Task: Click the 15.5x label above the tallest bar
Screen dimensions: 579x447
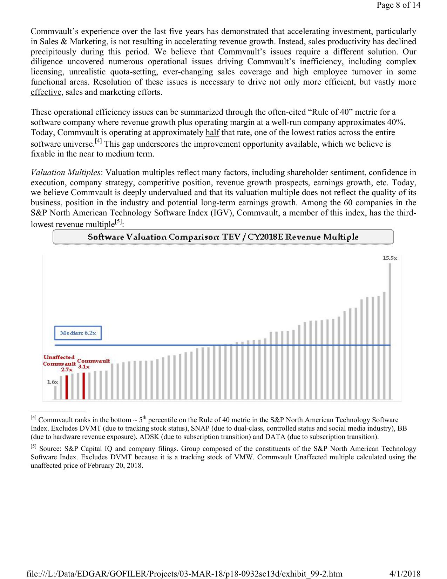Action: point(390,258)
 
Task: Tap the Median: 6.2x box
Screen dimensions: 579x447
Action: point(78,333)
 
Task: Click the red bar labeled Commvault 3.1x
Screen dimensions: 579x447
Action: point(83,386)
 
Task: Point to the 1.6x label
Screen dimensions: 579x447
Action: point(53,382)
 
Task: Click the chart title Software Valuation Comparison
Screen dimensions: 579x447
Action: point(223,237)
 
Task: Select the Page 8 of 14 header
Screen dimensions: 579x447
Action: point(398,5)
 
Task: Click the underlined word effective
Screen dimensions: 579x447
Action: point(46,92)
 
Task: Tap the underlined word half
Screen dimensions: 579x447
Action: point(212,133)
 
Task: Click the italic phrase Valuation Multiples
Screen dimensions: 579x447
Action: point(66,173)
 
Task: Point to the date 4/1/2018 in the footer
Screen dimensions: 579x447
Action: point(405,573)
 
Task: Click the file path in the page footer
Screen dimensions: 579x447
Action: point(184,573)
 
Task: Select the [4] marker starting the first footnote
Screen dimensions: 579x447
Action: point(33,418)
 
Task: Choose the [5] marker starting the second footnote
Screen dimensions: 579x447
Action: point(33,447)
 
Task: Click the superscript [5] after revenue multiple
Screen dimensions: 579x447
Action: point(119,222)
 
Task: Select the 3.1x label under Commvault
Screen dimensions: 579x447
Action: point(84,367)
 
